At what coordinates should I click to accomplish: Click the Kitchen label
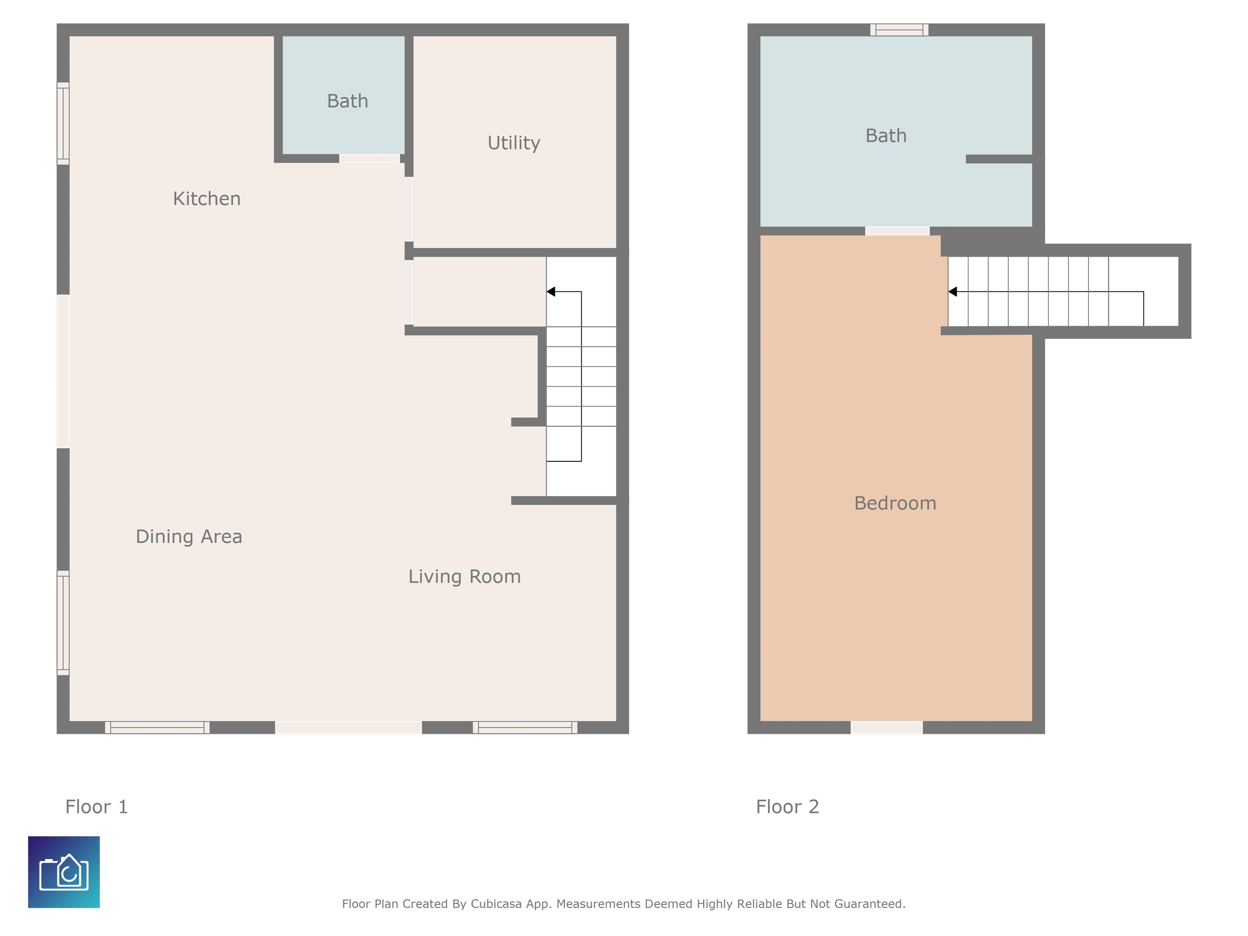pyautogui.click(x=206, y=199)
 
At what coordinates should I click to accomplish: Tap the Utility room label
pyautogui.click(x=514, y=143)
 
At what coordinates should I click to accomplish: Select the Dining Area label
pyautogui.click(x=189, y=537)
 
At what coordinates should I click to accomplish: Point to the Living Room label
pyautogui.click(x=464, y=576)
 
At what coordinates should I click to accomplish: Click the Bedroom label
pyautogui.click(x=895, y=503)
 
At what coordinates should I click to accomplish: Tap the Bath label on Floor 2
pyautogui.click(x=886, y=136)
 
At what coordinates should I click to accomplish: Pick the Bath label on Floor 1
pyautogui.click(x=347, y=101)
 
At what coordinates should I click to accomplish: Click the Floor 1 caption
pyautogui.click(x=96, y=807)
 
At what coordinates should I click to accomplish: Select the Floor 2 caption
pyautogui.click(x=788, y=807)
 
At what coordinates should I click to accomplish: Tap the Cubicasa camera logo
pyautogui.click(x=64, y=872)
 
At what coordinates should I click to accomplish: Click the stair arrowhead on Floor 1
pyautogui.click(x=550, y=292)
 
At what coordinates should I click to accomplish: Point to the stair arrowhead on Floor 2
pyautogui.click(x=952, y=292)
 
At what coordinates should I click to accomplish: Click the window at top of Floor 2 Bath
pyautogui.click(x=899, y=30)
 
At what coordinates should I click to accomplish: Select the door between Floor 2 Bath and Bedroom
pyautogui.click(x=897, y=231)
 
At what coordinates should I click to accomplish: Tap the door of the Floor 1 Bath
pyautogui.click(x=370, y=158)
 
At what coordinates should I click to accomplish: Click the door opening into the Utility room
pyautogui.click(x=409, y=209)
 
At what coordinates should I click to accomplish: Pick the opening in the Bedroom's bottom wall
pyautogui.click(x=886, y=727)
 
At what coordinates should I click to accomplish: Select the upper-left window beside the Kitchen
pyautogui.click(x=63, y=123)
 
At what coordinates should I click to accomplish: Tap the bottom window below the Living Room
pyautogui.click(x=525, y=727)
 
